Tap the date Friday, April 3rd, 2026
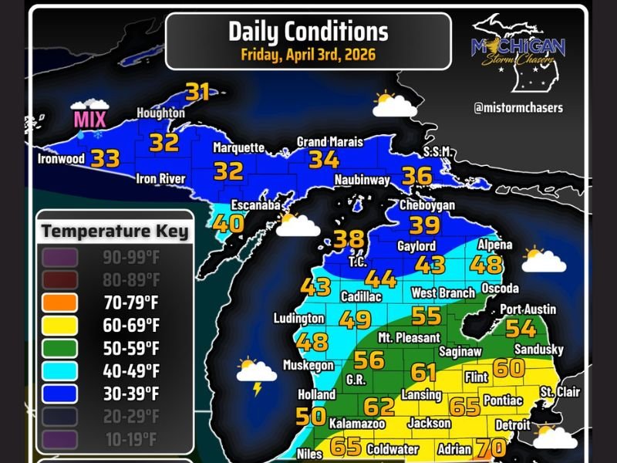click(308, 55)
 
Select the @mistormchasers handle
click(518, 108)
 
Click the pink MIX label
click(89, 120)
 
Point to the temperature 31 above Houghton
click(198, 92)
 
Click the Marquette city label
click(238, 147)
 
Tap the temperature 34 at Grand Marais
click(324, 160)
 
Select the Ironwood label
click(61, 160)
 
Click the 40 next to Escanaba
click(228, 223)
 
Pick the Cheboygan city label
click(427, 206)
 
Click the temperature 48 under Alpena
click(487, 265)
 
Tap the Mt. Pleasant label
click(409, 338)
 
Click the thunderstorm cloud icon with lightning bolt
click(256, 373)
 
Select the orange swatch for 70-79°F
click(61, 302)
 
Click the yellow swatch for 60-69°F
click(61, 326)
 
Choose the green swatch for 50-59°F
click(61, 348)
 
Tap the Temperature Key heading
click(115, 231)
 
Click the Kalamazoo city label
click(357, 424)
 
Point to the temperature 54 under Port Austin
click(521, 329)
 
